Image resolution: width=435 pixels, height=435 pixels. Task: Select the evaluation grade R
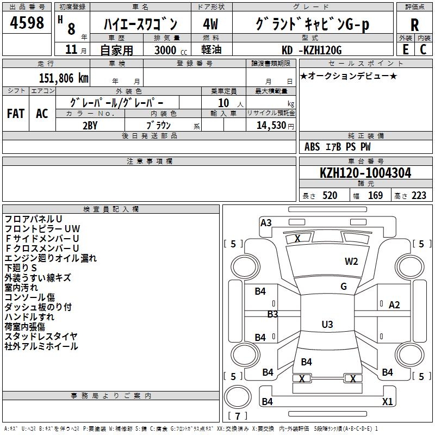pos(414,24)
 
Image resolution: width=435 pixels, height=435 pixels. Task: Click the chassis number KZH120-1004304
pos(365,173)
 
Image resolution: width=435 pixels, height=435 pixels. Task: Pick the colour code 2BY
pos(90,125)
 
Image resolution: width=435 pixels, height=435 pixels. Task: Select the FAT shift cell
pos(16,113)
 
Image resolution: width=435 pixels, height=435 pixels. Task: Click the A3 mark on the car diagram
pos(266,222)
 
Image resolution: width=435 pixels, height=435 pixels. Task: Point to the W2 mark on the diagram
pos(351,261)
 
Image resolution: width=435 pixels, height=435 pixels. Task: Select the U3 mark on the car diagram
pos(327,324)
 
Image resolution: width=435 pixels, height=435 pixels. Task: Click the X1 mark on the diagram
pos(387,402)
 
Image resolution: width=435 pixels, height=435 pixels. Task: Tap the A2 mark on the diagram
pos(394,305)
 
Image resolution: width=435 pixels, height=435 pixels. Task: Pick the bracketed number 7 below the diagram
pos(237,417)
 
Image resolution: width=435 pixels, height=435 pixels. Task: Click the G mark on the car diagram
pos(344,286)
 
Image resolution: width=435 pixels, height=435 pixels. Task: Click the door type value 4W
pos(212,24)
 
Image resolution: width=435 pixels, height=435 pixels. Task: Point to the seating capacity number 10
pos(223,103)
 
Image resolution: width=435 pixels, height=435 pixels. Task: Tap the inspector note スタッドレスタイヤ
pos(41,337)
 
